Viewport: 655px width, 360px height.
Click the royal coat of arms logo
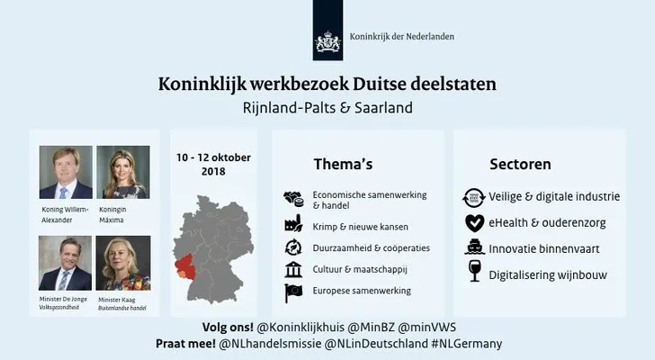click(x=327, y=41)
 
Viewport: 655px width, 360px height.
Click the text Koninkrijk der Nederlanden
click(x=402, y=37)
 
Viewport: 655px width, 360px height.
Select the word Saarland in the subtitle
click(x=383, y=108)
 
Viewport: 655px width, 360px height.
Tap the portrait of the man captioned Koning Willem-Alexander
click(x=66, y=172)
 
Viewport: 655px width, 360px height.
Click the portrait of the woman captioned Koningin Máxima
click(x=123, y=172)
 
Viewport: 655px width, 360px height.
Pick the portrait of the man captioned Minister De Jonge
click(x=65, y=263)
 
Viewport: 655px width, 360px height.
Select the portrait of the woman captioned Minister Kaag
click(x=123, y=263)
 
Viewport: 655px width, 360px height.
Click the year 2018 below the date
click(x=213, y=172)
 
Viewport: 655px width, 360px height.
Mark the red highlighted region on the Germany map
click(x=184, y=265)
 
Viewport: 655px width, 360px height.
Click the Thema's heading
click(x=343, y=164)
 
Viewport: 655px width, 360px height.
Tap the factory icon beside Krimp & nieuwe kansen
click(x=293, y=224)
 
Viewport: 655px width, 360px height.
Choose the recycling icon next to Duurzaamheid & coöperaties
click(x=293, y=247)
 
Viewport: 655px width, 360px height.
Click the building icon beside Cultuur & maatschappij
click(x=293, y=269)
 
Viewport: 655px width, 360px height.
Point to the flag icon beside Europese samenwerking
click(x=293, y=292)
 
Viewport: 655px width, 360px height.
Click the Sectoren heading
click(x=520, y=164)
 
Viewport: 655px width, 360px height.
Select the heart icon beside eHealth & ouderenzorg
click(x=475, y=223)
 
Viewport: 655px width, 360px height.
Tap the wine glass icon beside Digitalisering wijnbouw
click(x=475, y=271)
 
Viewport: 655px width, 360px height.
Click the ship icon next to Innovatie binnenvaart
click(x=475, y=247)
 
